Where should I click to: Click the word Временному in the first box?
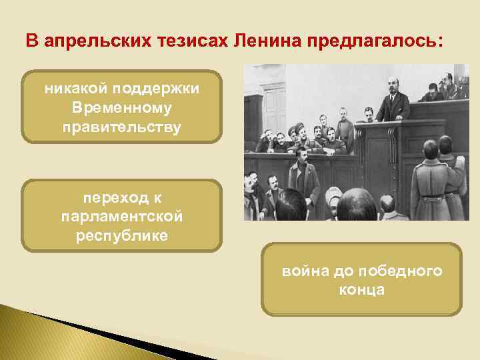[121, 108]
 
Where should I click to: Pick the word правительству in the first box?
[121, 126]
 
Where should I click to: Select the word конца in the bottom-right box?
[361, 290]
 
